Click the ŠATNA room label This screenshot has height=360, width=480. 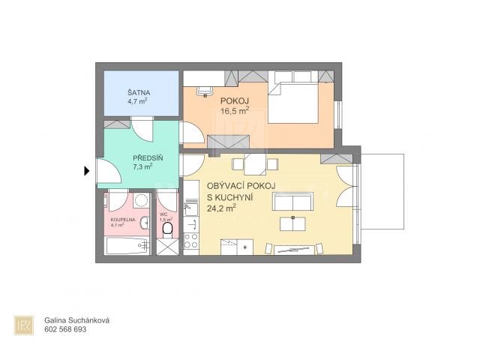(x=139, y=92)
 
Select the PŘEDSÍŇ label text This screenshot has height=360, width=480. (x=148, y=158)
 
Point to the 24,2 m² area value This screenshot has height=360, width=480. (x=222, y=208)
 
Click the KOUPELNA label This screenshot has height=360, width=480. (x=123, y=220)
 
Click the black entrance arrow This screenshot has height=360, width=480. (x=87, y=171)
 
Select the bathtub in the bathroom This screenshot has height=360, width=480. (x=128, y=245)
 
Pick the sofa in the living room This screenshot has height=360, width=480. (x=293, y=201)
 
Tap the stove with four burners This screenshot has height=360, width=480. (x=191, y=241)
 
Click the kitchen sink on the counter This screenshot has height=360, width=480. (x=191, y=208)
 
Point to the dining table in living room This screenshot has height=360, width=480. (x=255, y=164)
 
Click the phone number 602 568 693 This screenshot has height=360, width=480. (x=65, y=329)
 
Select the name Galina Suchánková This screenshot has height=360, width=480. (x=76, y=320)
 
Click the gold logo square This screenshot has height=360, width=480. (x=24, y=325)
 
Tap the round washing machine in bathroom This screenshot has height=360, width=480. (x=142, y=200)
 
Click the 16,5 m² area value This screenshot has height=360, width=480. (x=235, y=110)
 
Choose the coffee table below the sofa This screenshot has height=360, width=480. (x=292, y=223)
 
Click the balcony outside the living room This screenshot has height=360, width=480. (x=382, y=192)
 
